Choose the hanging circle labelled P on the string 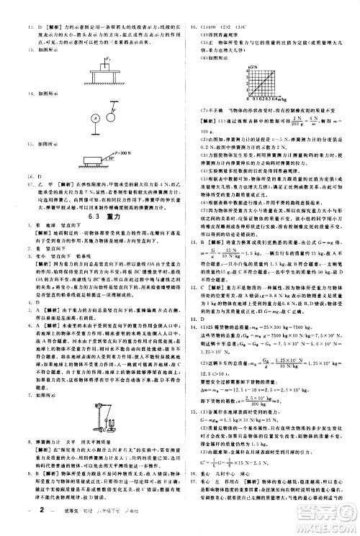click(112, 111)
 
